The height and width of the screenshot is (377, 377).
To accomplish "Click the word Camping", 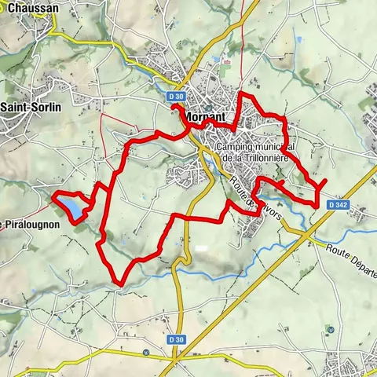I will [238, 147].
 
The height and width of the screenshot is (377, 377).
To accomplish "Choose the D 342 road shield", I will [338, 204].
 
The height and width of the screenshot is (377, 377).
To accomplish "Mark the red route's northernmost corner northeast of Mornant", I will [241, 95].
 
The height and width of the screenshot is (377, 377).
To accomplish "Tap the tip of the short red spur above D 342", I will [325, 181].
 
